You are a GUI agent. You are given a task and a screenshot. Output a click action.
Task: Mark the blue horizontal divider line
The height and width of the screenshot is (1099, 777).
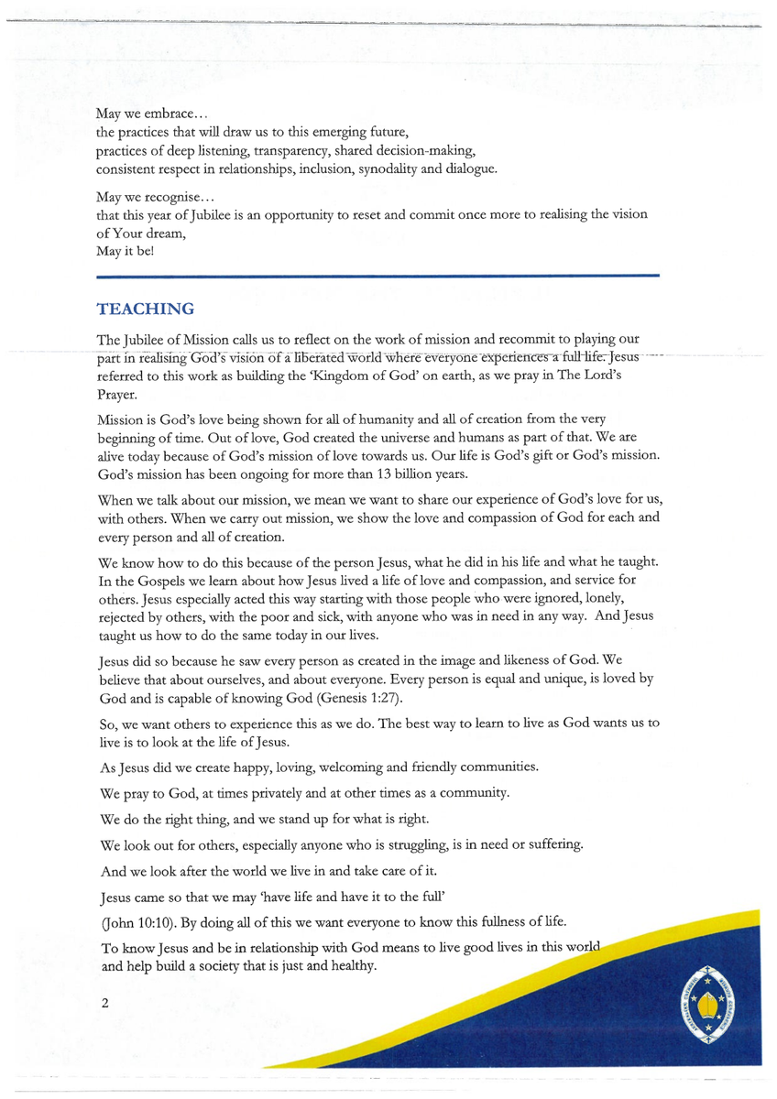coord(378,275)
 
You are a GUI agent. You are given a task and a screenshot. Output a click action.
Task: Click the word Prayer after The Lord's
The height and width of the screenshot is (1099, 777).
coord(115,392)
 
